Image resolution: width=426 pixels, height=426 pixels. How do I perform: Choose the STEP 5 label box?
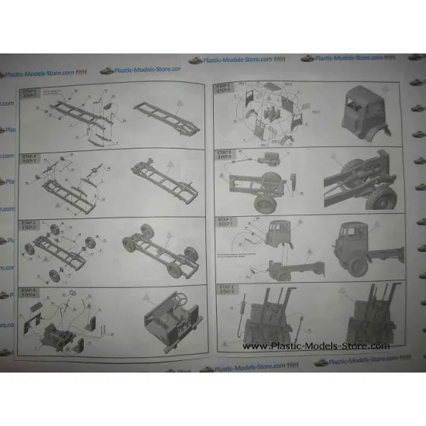(224, 88)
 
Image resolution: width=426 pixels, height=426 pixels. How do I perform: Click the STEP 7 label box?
(225, 222)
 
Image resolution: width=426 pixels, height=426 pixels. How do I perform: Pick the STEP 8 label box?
(225, 290)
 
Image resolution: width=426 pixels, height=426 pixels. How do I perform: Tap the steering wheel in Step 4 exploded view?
(75, 295)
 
